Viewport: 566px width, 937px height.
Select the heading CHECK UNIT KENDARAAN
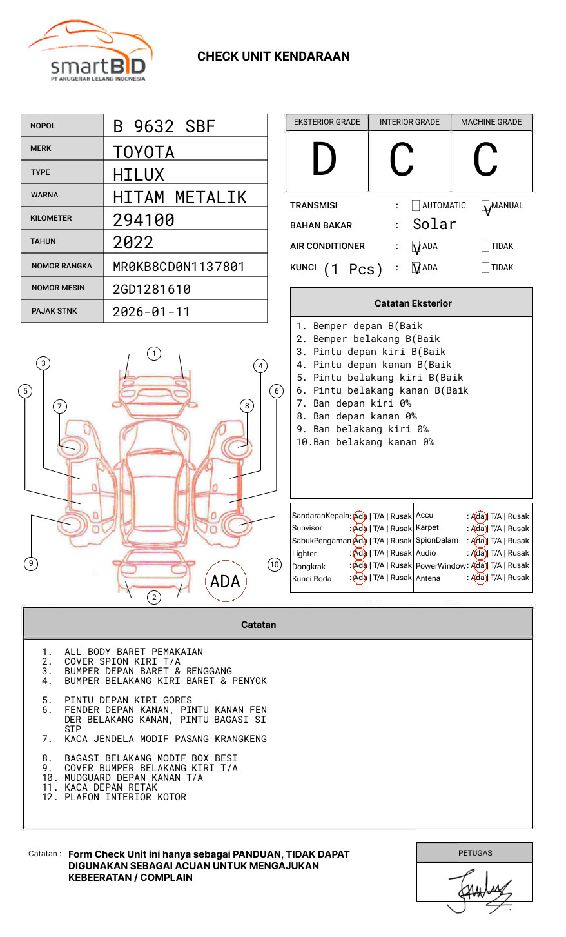[x=273, y=57]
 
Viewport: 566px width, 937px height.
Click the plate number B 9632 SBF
[x=164, y=126]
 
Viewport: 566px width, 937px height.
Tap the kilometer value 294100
[x=144, y=220]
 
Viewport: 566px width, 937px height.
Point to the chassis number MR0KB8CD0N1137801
[x=179, y=267]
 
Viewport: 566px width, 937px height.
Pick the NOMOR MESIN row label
[x=58, y=288]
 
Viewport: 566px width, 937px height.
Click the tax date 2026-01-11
[x=151, y=312]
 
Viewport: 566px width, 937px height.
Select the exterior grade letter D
[x=324, y=160]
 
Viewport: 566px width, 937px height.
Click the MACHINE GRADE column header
[x=491, y=122]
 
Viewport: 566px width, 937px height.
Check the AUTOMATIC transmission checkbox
[x=416, y=206]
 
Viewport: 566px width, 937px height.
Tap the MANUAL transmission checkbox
[x=485, y=206]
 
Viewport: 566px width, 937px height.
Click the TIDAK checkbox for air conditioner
[x=485, y=247]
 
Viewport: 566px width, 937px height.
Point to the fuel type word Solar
[x=434, y=225]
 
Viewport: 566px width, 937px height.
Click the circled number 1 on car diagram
[x=154, y=354]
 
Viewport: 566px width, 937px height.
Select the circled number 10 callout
[x=275, y=565]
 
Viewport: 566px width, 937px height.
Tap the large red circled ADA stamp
[x=225, y=581]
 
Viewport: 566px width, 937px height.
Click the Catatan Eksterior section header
[x=413, y=303]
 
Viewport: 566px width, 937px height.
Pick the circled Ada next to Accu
[x=478, y=516]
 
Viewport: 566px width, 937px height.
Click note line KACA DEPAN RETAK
[x=110, y=787]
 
